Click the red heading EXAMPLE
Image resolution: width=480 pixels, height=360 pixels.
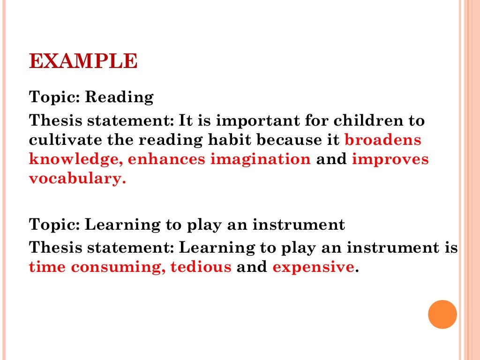point(83,62)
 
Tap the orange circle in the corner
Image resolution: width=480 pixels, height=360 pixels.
point(442,314)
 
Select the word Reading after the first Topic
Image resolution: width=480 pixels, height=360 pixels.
point(120,97)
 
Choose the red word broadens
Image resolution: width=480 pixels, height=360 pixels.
point(383,140)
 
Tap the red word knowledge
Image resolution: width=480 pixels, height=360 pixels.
point(75,159)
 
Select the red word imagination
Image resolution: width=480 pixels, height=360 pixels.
point(260,159)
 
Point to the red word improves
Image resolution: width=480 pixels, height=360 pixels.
point(390,159)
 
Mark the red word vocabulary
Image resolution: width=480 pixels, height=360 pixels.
point(77,179)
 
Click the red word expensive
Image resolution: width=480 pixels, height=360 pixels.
point(313,267)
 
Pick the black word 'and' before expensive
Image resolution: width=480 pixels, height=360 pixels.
point(252,267)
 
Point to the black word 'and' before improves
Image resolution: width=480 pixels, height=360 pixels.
point(331,159)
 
